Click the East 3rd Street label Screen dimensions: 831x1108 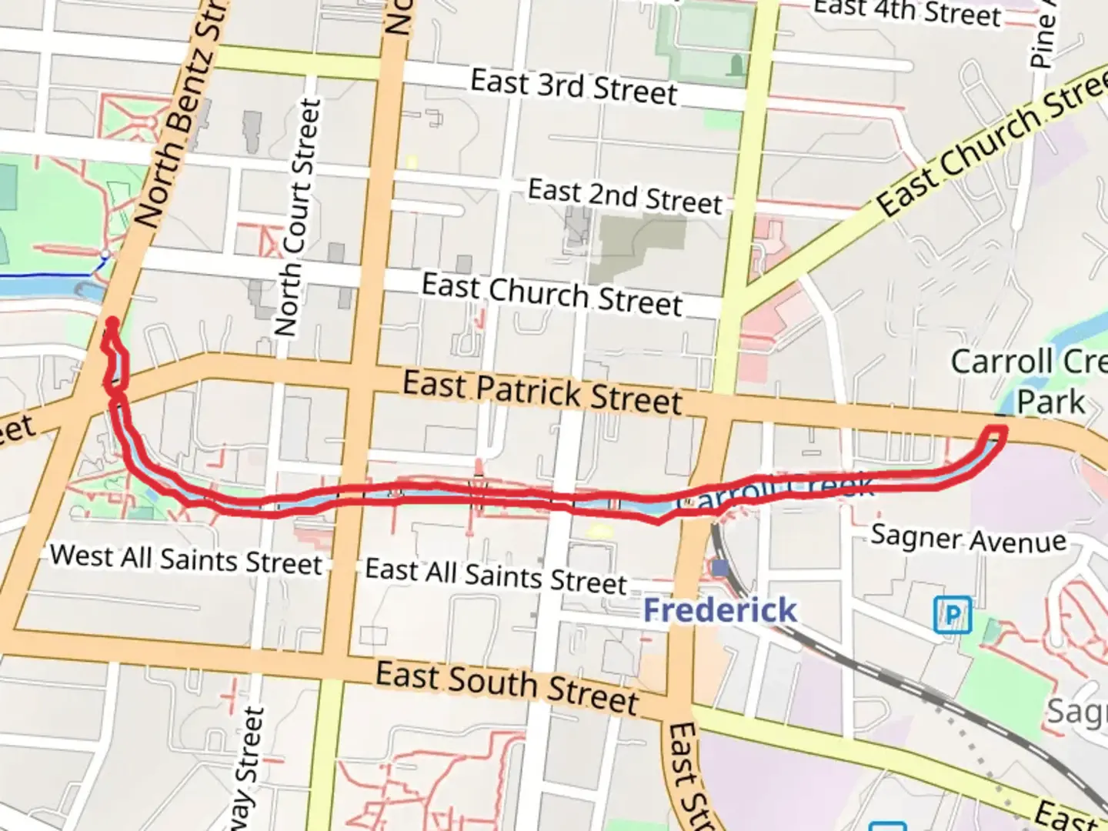(x=573, y=87)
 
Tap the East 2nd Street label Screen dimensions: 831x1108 (x=625, y=196)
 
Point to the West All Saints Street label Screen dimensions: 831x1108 (x=186, y=559)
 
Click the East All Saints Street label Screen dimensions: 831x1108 (x=496, y=576)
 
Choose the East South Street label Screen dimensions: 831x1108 (x=507, y=687)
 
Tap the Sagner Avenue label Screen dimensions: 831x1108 (x=968, y=538)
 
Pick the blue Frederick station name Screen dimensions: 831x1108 (x=720, y=610)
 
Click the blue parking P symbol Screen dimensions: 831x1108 (x=952, y=616)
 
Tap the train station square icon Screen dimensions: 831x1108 (x=720, y=569)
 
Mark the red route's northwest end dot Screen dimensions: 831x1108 (x=112, y=322)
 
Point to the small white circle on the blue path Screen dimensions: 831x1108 (x=105, y=254)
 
